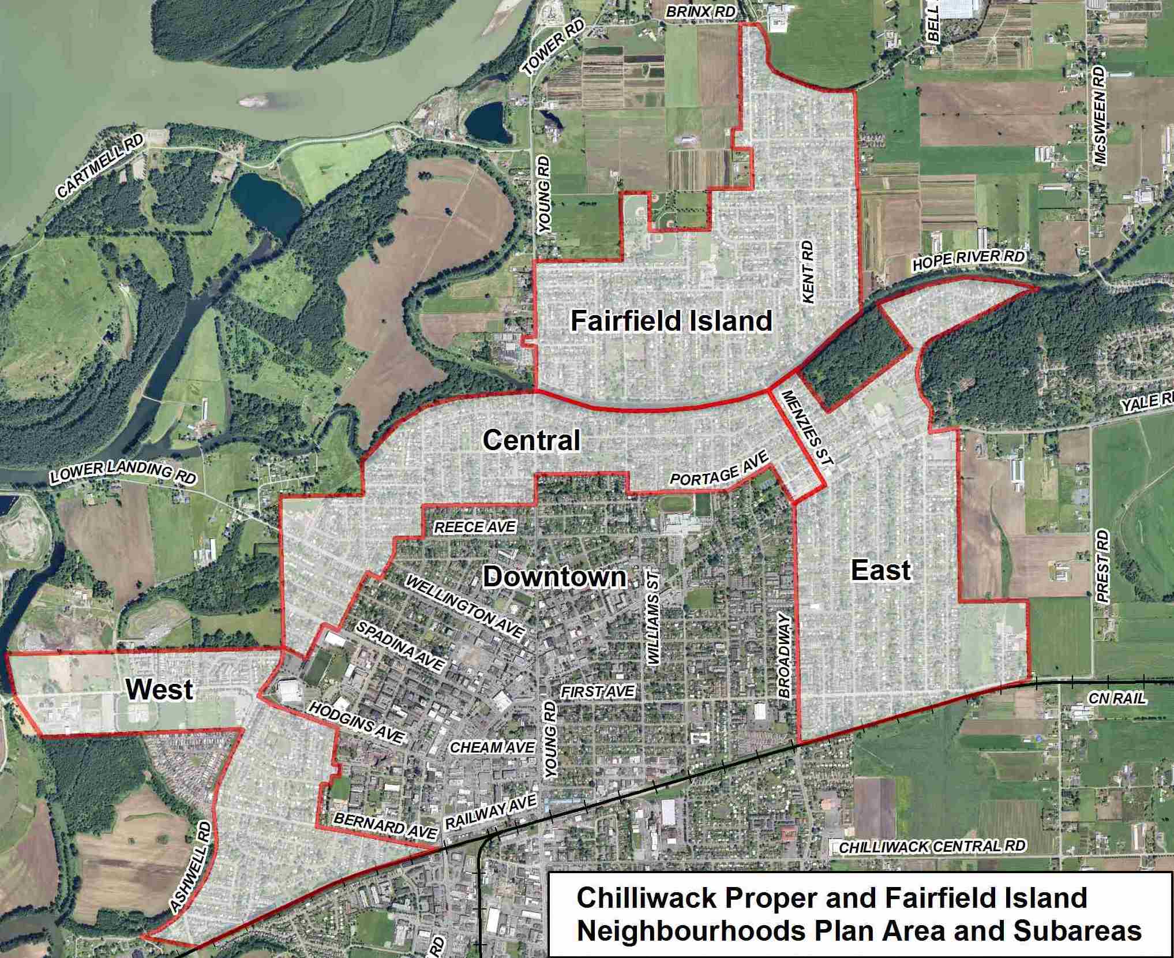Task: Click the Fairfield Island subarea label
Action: [671, 321]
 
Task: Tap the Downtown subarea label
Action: [554, 577]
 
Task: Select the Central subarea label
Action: [531, 441]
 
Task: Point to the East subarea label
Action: [880, 571]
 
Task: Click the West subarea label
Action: [159, 689]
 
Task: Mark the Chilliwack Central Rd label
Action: [932, 847]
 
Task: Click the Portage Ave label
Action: [719, 469]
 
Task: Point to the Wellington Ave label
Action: [465, 607]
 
